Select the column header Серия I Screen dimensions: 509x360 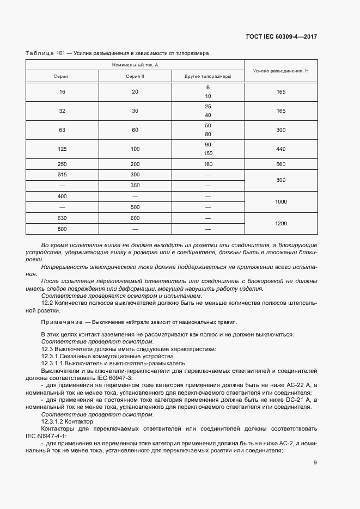(x=62, y=77)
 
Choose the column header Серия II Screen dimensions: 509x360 (x=135, y=77)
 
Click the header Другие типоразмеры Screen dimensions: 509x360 (x=208, y=77)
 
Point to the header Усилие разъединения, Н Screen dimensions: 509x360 (x=281, y=71)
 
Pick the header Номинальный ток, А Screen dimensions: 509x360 (x=135, y=65)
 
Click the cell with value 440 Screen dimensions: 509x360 (x=281, y=149)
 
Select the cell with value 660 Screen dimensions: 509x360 (x=281, y=164)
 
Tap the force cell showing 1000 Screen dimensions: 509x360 (x=281, y=201)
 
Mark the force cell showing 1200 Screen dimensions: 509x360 (x=281, y=223)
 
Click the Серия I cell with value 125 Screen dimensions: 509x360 (x=62, y=149)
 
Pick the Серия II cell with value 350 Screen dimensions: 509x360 (x=135, y=185)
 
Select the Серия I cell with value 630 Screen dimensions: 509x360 (x=62, y=218)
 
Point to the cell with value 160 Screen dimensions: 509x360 (x=208, y=164)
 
